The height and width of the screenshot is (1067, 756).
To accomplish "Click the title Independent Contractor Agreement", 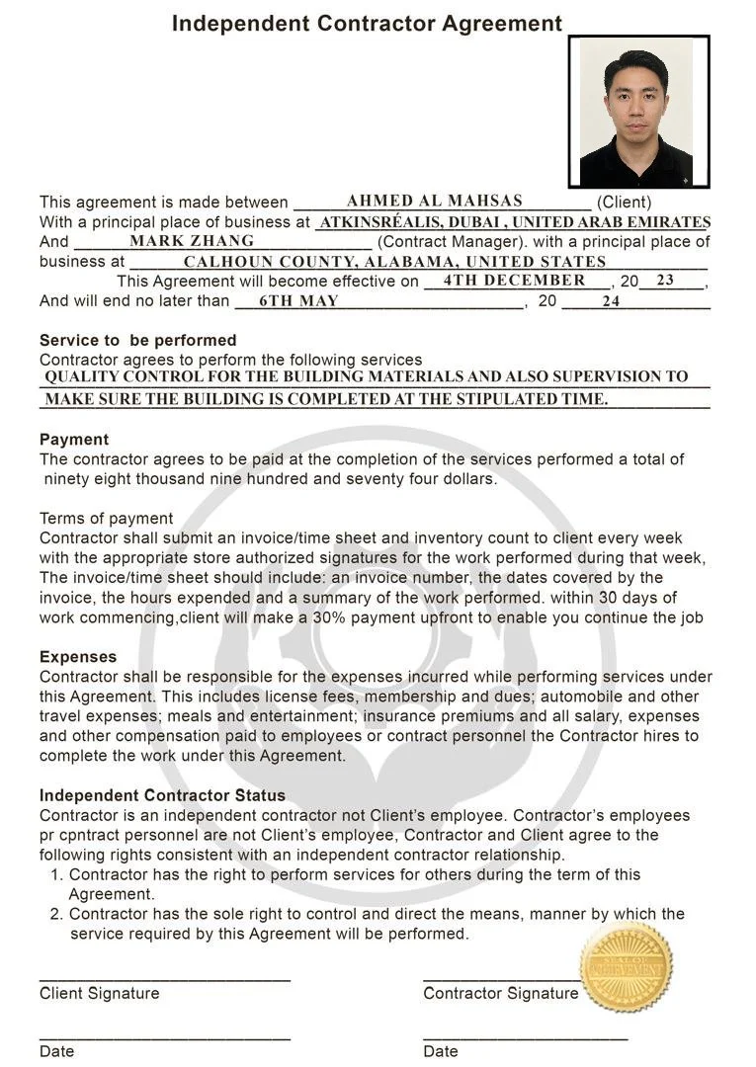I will pos(367,24).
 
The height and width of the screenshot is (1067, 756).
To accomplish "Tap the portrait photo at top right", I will pos(638,112).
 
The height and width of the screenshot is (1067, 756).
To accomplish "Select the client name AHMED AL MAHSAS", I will pos(434,201).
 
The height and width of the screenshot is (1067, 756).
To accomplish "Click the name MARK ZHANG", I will pos(192,240).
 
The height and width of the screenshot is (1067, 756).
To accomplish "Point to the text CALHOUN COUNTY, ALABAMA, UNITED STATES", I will pos(394,262).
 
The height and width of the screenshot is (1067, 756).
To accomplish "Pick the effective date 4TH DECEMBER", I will pos(514,281).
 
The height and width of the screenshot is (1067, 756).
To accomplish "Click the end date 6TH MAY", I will pos(298,301).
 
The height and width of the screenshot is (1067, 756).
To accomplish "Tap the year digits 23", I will pos(665,281).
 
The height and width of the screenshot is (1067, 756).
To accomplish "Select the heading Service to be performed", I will pos(137,341).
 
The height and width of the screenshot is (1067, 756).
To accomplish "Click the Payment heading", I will pos(74,440).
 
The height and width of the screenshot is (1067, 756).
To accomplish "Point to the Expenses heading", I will pos(78,657).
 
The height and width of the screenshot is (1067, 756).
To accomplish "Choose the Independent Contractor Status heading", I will pos(162,795).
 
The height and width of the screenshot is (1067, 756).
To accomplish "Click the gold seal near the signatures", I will pos(627,967).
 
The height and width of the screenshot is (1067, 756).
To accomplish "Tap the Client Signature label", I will pos(99,993).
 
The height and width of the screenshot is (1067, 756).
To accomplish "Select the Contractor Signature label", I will pos(500,993).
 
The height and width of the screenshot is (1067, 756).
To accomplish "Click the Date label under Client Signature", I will pos(56,1051).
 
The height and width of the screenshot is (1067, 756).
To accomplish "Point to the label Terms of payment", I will pos(106,519).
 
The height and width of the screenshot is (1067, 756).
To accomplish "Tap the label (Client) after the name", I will pos(624,202).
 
